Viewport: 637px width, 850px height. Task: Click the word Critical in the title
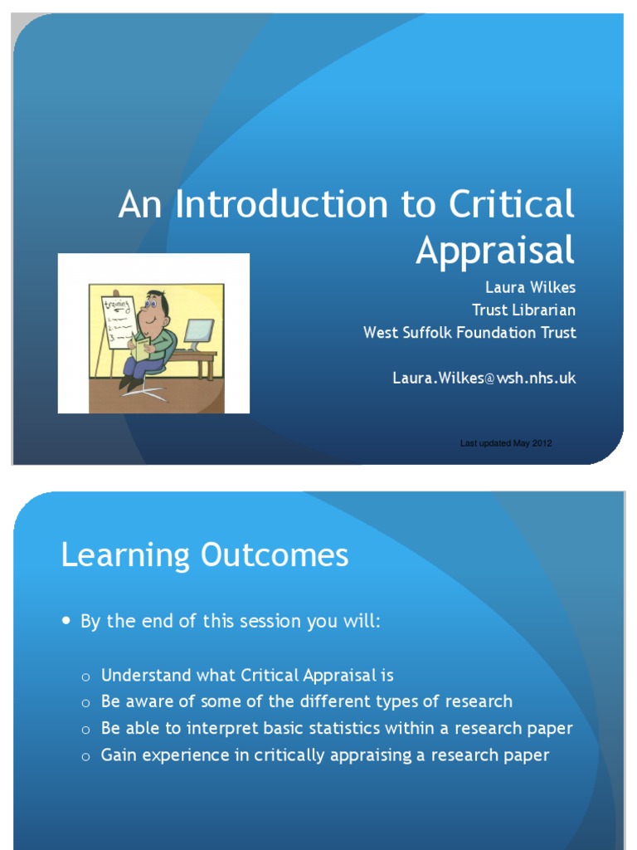(x=511, y=205)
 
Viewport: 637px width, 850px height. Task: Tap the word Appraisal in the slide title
(x=494, y=250)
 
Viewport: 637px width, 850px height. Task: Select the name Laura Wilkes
(x=530, y=288)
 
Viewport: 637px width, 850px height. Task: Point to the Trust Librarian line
(x=523, y=310)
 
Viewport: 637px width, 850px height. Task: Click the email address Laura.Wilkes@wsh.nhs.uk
(x=484, y=378)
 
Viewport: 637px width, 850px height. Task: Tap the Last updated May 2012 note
(x=506, y=443)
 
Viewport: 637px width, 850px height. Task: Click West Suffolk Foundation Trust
(x=469, y=333)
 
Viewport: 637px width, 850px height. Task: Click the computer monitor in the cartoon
(x=199, y=334)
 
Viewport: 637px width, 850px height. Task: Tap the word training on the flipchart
(x=116, y=306)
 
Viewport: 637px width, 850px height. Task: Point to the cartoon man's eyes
(x=151, y=305)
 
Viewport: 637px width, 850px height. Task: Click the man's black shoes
(x=129, y=383)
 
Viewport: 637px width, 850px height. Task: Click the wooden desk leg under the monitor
(x=210, y=367)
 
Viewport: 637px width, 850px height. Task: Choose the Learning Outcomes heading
(x=205, y=555)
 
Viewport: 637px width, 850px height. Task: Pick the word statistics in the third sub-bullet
(x=343, y=728)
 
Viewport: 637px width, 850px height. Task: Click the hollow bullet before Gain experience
(x=85, y=756)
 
